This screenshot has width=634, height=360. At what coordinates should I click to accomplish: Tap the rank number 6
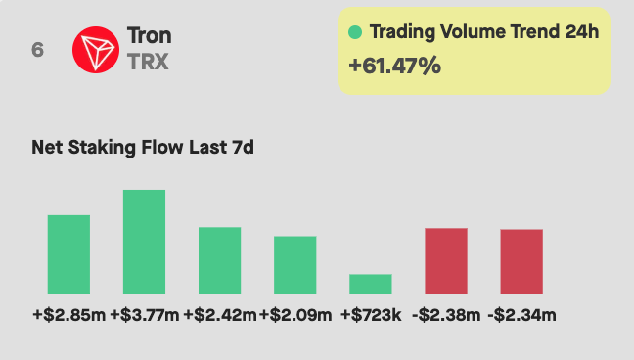(x=37, y=50)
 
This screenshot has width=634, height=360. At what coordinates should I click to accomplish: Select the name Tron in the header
(x=149, y=37)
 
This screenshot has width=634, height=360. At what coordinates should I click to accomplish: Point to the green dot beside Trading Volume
(x=355, y=32)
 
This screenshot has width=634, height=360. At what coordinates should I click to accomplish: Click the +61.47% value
(x=394, y=67)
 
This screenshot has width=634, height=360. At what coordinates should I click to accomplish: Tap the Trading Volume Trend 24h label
(x=483, y=32)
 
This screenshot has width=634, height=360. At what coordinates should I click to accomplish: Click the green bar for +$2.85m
(x=68, y=254)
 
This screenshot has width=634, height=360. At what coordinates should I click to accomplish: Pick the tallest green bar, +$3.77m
(x=144, y=242)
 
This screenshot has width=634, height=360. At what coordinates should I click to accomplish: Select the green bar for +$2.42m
(x=219, y=260)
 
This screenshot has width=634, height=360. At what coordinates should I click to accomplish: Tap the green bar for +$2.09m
(x=294, y=265)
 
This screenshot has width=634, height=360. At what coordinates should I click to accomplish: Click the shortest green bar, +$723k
(x=371, y=284)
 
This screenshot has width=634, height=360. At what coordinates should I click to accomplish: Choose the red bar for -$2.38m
(x=446, y=261)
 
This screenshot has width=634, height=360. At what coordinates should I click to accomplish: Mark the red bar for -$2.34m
(x=521, y=261)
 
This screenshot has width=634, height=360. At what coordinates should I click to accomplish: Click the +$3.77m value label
(x=144, y=315)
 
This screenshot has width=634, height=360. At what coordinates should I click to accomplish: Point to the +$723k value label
(x=371, y=315)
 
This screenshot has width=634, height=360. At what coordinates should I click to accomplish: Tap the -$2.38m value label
(x=446, y=315)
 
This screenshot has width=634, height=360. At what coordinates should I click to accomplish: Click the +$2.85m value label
(x=68, y=315)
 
